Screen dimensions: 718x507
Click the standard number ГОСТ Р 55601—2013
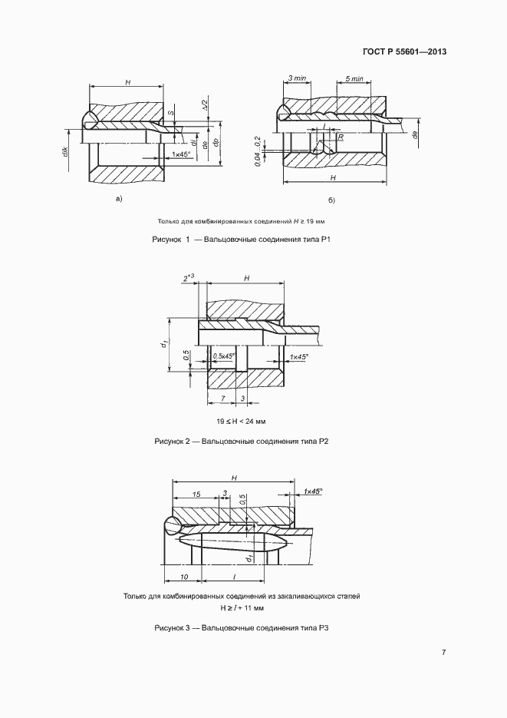click(x=403, y=52)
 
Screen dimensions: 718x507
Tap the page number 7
click(x=444, y=653)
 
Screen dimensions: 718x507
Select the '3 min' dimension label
click(x=297, y=79)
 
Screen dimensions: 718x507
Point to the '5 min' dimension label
click(x=354, y=79)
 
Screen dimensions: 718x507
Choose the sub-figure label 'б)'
click(x=331, y=200)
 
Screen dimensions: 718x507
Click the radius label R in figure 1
click(x=339, y=137)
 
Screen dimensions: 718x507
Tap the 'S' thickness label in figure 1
click(x=171, y=114)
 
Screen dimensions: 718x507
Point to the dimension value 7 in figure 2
click(x=222, y=399)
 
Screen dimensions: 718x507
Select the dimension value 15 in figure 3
click(x=196, y=495)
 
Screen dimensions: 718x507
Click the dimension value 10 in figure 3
click(x=184, y=575)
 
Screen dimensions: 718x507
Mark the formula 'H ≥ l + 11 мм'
click(x=242, y=607)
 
